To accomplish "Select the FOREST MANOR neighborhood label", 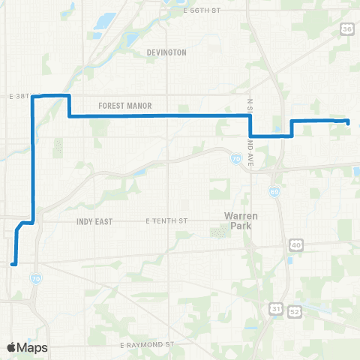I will tap(121, 106).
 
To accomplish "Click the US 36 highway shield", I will tap(346, 28).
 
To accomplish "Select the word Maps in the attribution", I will tap(32, 347).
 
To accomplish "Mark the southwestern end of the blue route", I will tap(13, 264).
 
